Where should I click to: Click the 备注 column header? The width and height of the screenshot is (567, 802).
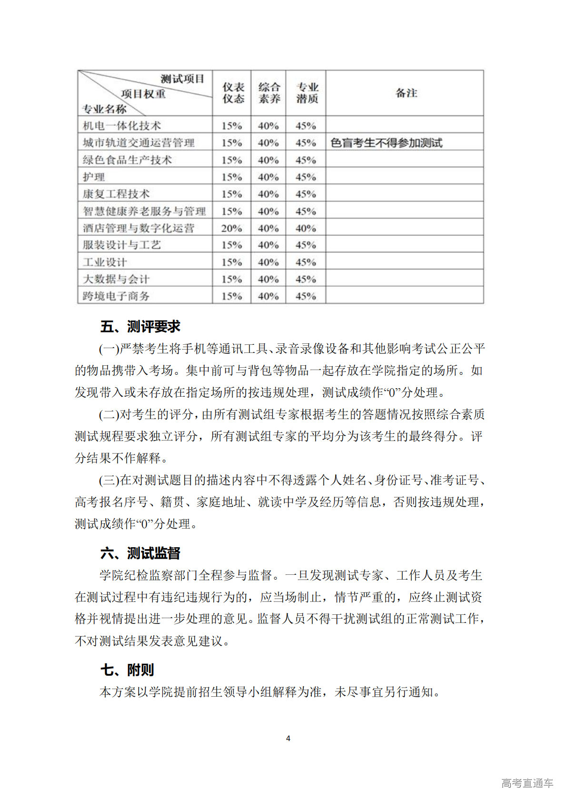coord(406,93)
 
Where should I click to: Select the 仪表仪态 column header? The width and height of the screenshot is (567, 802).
coord(233,93)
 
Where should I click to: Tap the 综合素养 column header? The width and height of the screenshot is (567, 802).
coord(269,93)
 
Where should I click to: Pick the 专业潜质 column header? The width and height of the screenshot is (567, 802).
coord(307,93)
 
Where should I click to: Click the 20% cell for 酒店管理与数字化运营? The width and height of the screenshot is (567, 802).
coord(231,228)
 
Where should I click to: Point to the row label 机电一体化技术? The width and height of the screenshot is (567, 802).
coord(122,126)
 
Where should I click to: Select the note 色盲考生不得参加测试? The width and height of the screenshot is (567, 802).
coord(386,143)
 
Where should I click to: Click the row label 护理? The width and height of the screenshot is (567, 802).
coord(94,177)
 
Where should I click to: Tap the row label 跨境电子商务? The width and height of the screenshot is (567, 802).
coord(116,296)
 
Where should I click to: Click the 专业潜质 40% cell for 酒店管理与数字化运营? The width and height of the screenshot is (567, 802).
coord(306,228)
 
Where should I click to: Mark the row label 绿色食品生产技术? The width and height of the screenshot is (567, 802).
coord(127,160)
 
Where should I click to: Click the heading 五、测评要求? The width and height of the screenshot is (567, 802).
coord(140,327)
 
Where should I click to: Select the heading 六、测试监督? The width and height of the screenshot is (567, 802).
coord(140,553)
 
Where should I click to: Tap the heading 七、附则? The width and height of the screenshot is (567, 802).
coord(127,670)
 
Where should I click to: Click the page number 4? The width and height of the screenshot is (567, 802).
coord(288,738)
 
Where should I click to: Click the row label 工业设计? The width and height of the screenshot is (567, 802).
coord(105,262)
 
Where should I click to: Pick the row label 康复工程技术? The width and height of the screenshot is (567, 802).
coord(116,194)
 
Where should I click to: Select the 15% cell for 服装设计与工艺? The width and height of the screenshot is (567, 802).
coord(231,245)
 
